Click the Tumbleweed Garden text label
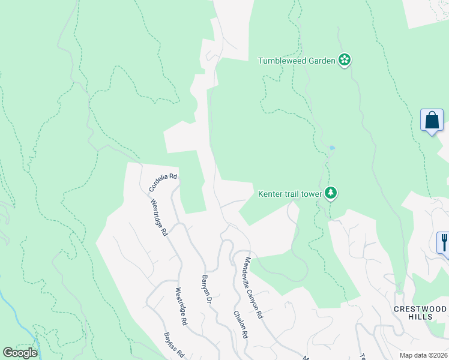point(297,61)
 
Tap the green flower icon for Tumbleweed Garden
point(345,60)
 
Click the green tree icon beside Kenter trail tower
point(331,193)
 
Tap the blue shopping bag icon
point(432,121)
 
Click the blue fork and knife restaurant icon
point(444,242)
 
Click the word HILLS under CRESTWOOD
point(420,316)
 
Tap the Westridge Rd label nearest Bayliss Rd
point(181,307)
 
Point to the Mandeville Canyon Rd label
point(253,287)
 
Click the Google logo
point(20,353)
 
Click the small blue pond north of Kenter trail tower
point(332,148)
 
